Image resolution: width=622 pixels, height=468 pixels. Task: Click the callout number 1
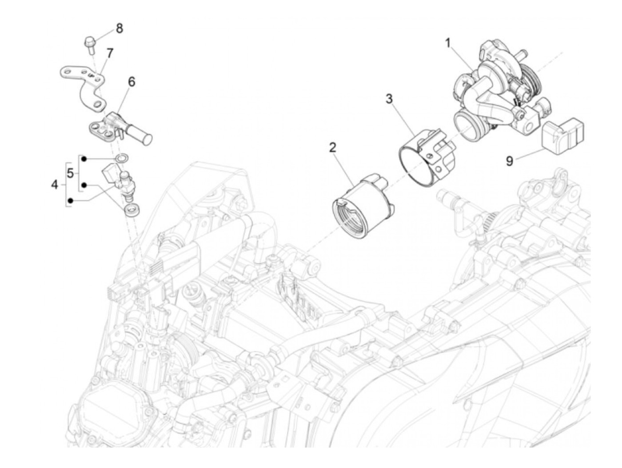tap(448, 44)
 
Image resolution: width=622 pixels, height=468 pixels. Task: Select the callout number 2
tap(332, 148)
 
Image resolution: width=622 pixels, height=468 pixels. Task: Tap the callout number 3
tap(389, 99)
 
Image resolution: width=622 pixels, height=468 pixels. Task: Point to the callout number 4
tap(54, 185)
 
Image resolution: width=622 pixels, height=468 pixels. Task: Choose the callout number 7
tap(110, 53)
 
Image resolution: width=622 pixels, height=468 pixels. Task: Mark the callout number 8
tap(120, 28)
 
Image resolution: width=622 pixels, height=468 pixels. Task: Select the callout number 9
tap(510, 161)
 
